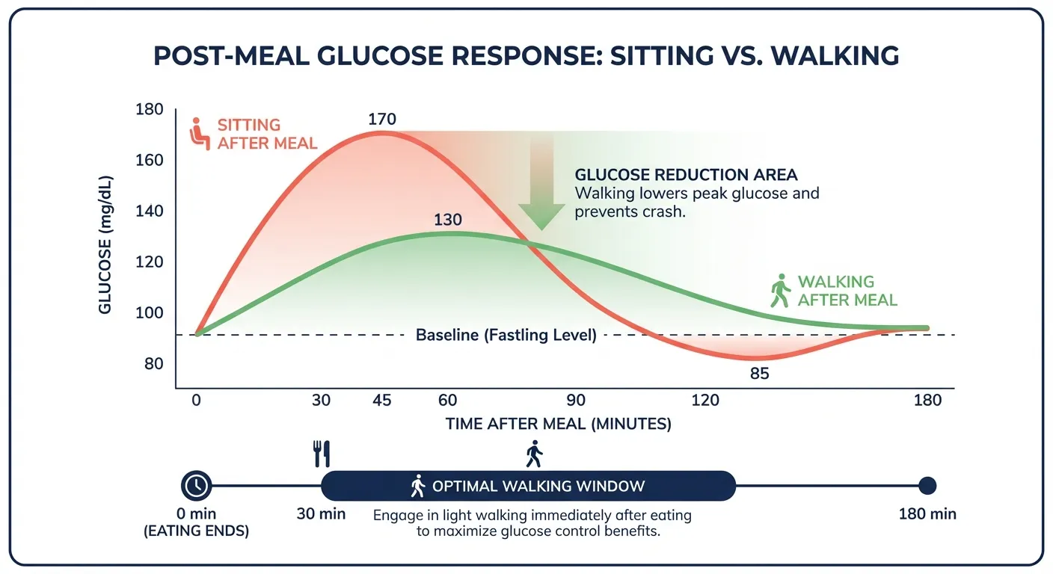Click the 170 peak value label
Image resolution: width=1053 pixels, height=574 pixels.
point(381,119)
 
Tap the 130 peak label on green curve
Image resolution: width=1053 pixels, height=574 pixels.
point(447,220)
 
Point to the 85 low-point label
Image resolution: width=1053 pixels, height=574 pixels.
point(759,373)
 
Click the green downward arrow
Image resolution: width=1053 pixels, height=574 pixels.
point(541,187)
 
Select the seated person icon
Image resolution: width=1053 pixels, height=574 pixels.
point(198,133)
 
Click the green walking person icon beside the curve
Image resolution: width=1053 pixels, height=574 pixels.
point(780,291)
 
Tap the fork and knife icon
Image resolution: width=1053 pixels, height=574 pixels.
point(322,453)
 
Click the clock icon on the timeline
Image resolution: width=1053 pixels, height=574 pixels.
point(197,486)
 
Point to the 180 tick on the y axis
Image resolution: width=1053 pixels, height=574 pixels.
point(149,110)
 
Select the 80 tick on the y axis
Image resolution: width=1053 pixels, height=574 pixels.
point(153,364)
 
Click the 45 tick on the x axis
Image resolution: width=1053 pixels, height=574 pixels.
point(381,400)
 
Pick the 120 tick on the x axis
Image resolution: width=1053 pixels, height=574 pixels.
point(704,400)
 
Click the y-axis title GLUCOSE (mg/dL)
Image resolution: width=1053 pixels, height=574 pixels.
point(106,247)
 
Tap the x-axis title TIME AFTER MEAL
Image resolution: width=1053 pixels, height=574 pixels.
point(558,424)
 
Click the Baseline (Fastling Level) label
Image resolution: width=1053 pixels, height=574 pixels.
point(506,335)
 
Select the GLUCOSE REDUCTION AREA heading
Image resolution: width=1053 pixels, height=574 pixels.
point(686,175)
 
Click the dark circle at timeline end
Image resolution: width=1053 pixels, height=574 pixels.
point(927,486)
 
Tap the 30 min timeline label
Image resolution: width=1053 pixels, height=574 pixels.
point(322,514)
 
